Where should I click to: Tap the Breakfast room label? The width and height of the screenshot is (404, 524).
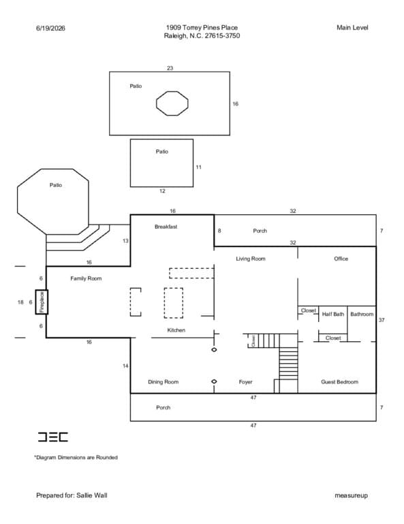[x=166, y=227]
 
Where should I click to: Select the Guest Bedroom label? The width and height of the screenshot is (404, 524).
[x=339, y=381]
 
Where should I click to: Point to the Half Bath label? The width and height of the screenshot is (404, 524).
[x=333, y=314]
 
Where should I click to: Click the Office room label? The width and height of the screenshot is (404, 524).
[x=341, y=259]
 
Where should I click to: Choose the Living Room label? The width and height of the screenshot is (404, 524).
[x=251, y=259]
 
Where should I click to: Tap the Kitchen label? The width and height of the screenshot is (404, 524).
[x=176, y=330]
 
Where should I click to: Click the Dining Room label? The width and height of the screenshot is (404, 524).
[x=163, y=381]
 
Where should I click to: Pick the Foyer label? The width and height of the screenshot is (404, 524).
[x=245, y=381]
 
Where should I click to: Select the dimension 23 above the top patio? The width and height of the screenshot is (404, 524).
[x=170, y=68]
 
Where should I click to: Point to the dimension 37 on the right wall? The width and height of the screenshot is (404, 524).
[x=382, y=320]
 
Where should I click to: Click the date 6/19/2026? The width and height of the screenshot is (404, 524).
[x=50, y=28]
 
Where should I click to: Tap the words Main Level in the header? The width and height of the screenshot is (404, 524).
[x=352, y=28]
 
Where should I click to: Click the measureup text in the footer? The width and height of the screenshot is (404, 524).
[x=352, y=495]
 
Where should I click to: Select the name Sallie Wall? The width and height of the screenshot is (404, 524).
[x=92, y=495]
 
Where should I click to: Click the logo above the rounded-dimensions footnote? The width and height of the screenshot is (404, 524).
[x=52, y=437]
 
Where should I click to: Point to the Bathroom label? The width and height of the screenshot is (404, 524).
[x=362, y=314]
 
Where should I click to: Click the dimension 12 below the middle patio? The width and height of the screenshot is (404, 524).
[x=162, y=191]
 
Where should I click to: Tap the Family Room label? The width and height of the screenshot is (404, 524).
[x=86, y=278]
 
